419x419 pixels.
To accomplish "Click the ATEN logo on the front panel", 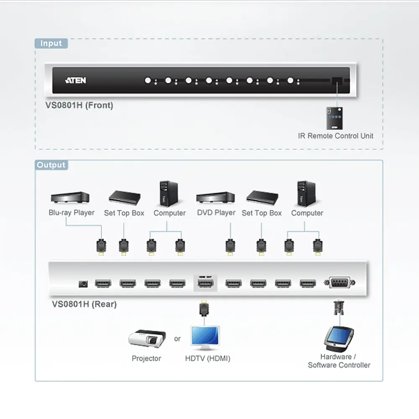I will (x=76, y=80).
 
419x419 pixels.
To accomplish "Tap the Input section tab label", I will (x=51, y=44).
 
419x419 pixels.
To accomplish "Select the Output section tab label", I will (x=51, y=165).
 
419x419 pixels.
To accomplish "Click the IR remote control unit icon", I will (x=336, y=118).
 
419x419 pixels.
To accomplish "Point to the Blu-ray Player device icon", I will (x=70, y=197).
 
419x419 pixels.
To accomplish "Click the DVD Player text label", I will (x=216, y=213).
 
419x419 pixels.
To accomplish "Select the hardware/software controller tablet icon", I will (x=340, y=339).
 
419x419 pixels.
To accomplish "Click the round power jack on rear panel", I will (x=83, y=284).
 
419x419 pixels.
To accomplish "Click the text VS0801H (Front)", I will (x=79, y=105).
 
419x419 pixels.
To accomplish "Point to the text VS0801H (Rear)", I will (x=84, y=304).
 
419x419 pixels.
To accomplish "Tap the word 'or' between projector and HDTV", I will (x=177, y=339).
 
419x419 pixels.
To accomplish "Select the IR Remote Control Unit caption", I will (x=336, y=136).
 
